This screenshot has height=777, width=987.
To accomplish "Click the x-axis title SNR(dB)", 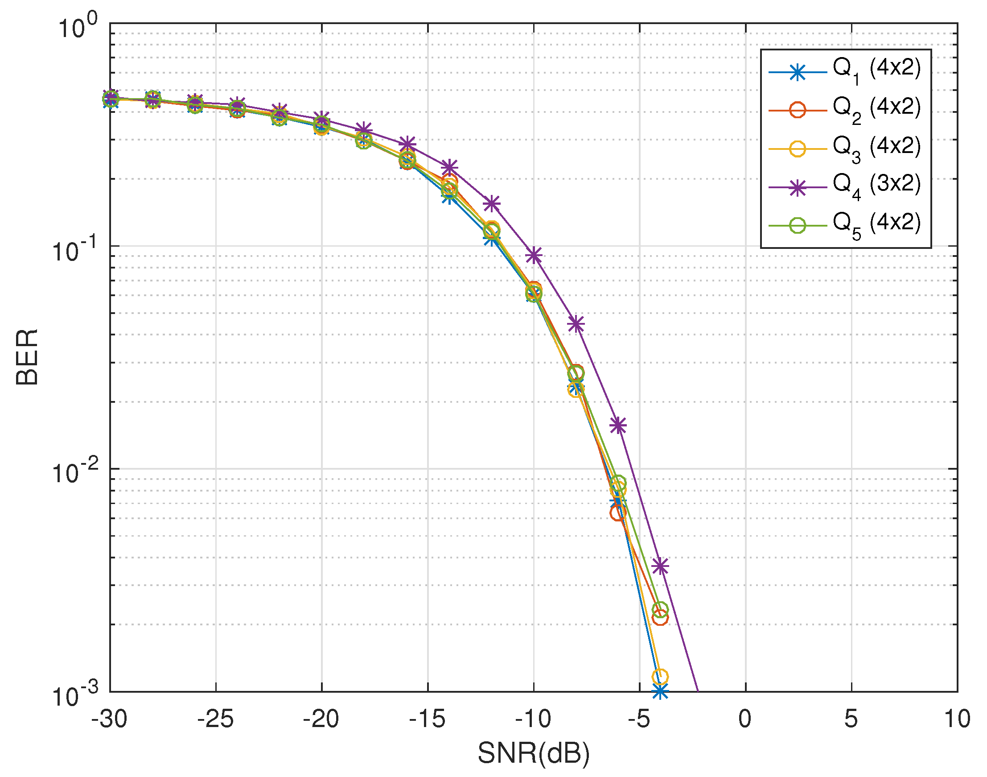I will point(533,753).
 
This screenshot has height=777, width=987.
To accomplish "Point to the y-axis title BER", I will point(27,357).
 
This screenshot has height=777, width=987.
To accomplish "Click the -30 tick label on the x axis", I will point(110,719).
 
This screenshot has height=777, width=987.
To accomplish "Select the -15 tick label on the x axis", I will point(428,719).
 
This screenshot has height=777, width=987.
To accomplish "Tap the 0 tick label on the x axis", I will point(744,719).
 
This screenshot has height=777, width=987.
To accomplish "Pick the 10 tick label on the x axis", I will point(957,719).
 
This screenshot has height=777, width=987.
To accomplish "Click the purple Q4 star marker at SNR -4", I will point(660,566).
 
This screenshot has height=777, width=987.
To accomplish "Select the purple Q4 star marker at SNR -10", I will point(534,255).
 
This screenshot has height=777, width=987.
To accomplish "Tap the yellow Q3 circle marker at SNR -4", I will point(660,677).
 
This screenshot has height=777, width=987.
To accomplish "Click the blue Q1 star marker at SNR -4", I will point(660,692).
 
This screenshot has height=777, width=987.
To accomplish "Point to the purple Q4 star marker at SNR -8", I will point(576,324).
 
